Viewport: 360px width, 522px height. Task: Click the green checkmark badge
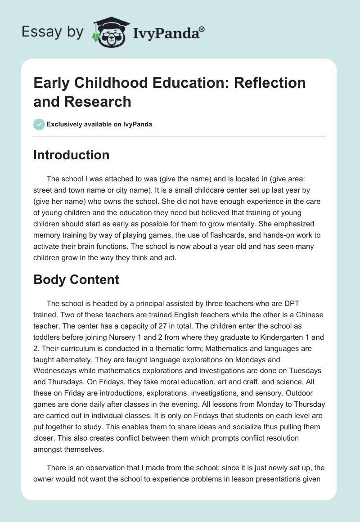coord(39,124)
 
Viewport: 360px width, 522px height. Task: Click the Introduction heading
coord(71,155)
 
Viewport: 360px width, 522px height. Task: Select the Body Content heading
coord(76,279)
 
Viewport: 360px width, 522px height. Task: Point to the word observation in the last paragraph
coord(102,467)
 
